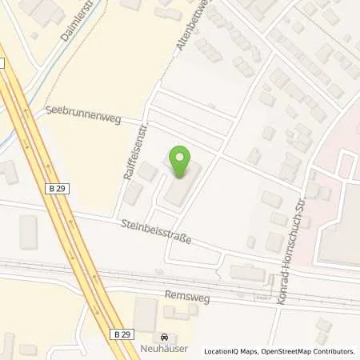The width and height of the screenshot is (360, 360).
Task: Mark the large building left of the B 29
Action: point(28,231)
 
